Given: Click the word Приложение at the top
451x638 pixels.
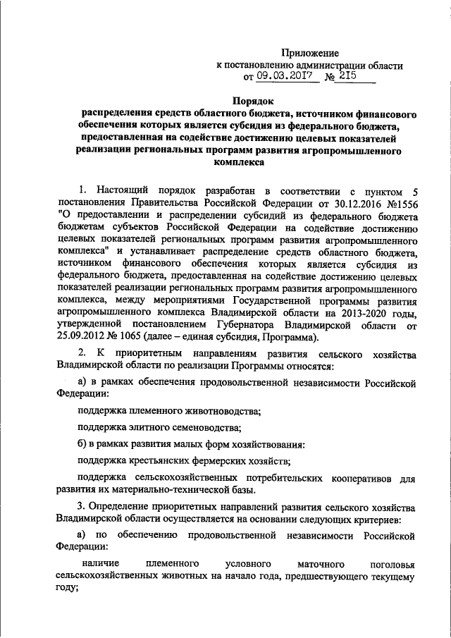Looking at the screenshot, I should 310,53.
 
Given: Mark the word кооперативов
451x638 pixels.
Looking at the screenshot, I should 364,479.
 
